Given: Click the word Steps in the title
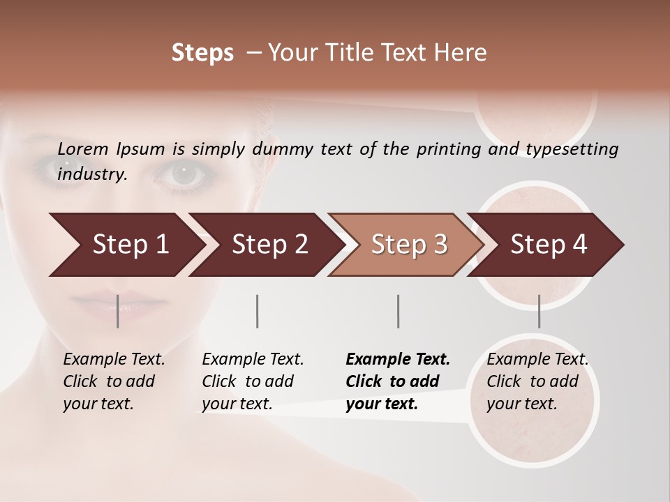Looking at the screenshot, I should click(x=202, y=53).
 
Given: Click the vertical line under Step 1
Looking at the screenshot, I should click(x=117, y=311).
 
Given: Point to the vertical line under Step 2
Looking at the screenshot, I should click(x=258, y=311).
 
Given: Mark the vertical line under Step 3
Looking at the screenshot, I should click(x=398, y=311).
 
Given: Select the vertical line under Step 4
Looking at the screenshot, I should click(x=539, y=311).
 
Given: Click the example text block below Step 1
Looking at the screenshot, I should click(x=114, y=381).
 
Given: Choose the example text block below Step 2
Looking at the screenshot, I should click(x=253, y=381).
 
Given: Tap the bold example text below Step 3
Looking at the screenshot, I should click(x=398, y=381).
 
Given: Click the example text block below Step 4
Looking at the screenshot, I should click(x=537, y=381).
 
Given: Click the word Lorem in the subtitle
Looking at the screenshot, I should click(x=83, y=149).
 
